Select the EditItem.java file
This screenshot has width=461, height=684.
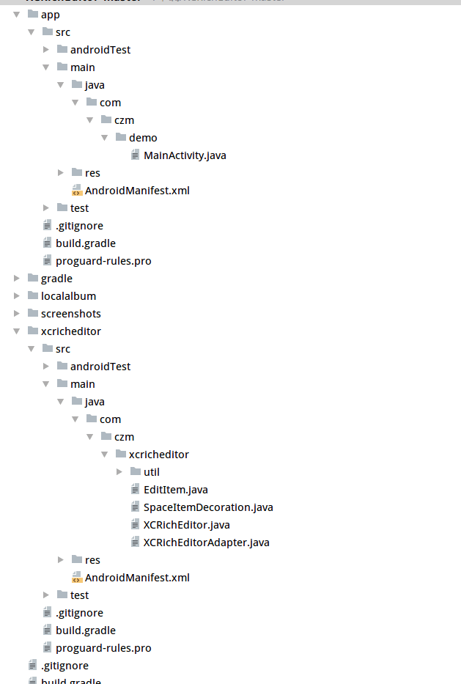tap(176, 490)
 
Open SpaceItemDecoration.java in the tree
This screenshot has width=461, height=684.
tap(208, 507)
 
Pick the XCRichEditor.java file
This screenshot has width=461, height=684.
tap(186, 525)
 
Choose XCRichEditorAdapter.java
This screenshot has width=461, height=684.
tap(206, 543)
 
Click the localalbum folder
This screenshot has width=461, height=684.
tap(68, 296)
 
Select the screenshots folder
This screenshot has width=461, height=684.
tap(70, 314)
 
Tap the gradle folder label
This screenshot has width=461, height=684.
tap(56, 279)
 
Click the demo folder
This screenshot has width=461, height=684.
tap(143, 138)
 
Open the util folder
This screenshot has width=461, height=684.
tap(151, 472)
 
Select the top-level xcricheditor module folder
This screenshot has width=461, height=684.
tap(70, 331)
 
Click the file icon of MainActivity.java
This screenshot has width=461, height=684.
tap(135, 155)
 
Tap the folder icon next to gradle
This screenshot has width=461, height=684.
tap(32, 279)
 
